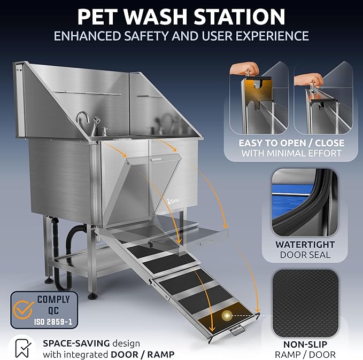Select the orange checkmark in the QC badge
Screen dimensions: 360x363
click(x=22, y=307)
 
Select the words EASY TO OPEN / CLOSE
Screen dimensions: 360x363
click(x=291, y=143)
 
